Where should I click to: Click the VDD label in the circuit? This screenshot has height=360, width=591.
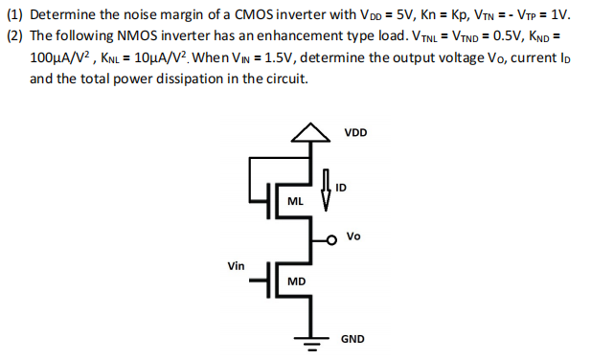(355, 132)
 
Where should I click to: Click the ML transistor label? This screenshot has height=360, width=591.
(296, 202)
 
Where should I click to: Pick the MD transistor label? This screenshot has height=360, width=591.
(296, 281)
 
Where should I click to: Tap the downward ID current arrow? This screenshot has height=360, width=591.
(327, 191)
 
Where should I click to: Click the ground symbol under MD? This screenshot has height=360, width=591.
(308, 341)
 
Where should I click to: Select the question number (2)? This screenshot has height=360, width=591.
(15, 35)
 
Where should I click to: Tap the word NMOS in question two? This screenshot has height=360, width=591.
(120, 35)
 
